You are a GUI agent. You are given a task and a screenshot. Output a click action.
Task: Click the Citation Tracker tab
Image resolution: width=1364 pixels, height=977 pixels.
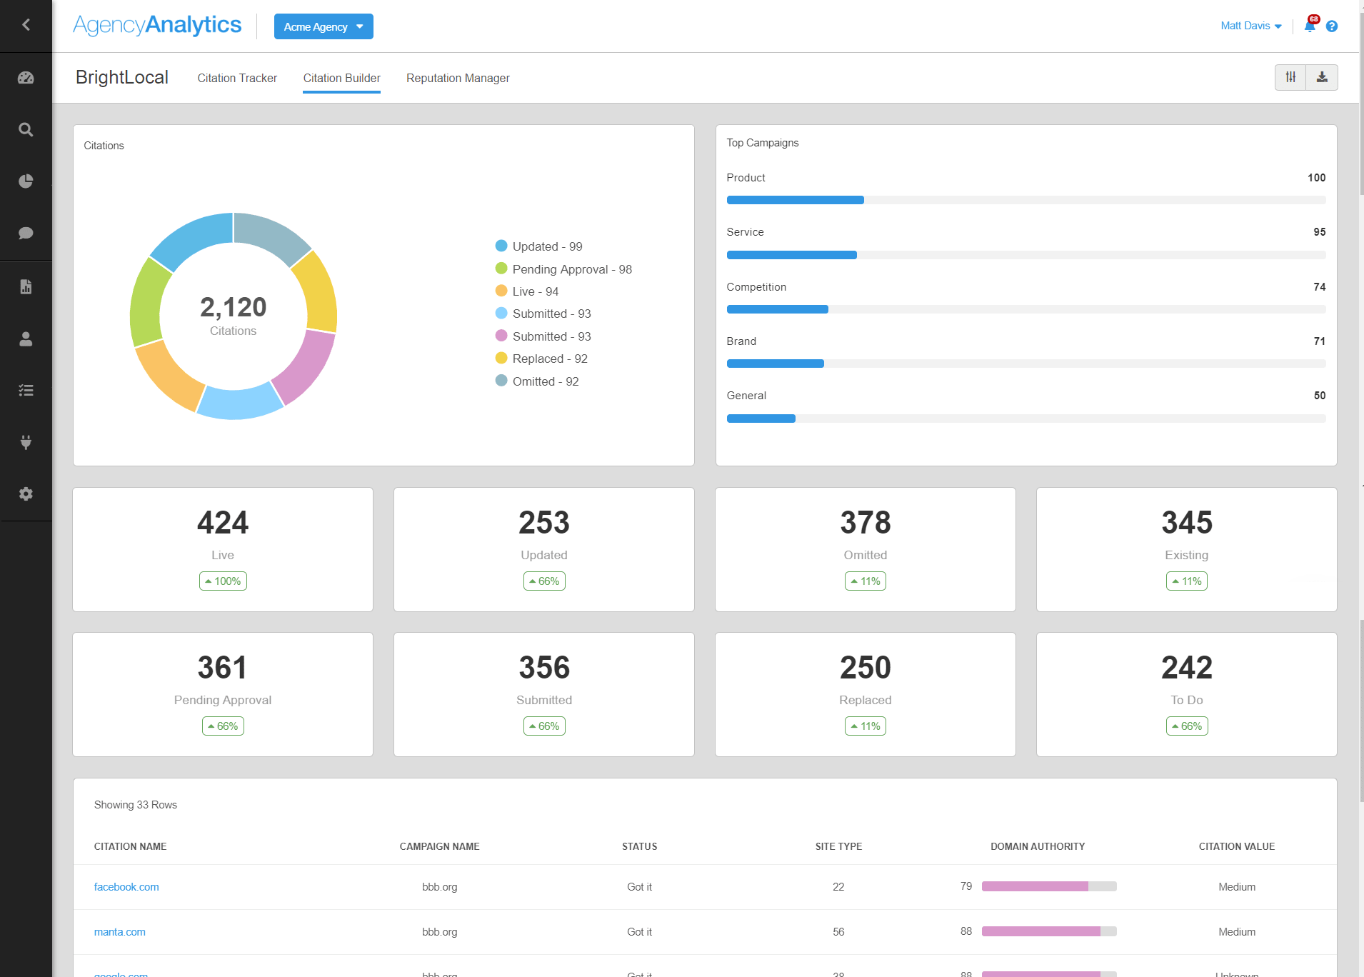click(x=237, y=78)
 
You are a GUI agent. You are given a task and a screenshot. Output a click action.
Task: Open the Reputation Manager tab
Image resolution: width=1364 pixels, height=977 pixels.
click(x=458, y=78)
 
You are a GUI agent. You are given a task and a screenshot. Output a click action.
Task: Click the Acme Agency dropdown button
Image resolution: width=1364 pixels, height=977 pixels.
click(x=324, y=26)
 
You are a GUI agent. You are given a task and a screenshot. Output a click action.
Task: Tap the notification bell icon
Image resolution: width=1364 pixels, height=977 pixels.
click(x=1309, y=26)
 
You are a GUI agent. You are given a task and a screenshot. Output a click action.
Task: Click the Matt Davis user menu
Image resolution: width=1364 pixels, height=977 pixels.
click(x=1250, y=26)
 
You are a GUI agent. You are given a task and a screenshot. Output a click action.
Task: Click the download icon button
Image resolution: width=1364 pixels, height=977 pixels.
click(x=1322, y=77)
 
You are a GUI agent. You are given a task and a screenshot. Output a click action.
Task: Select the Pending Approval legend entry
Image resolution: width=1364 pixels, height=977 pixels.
click(x=563, y=269)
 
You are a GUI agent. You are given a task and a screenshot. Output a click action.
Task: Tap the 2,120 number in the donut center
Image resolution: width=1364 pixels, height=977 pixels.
click(x=233, y=307)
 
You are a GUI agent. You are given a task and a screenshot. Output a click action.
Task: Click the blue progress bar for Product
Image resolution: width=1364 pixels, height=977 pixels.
click(x=795, y=200)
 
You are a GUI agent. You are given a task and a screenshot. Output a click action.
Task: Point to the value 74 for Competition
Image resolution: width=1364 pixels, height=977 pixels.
click(x=1319, y=286)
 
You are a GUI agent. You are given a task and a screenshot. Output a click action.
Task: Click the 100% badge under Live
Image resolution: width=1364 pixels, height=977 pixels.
click(x=223, y=581)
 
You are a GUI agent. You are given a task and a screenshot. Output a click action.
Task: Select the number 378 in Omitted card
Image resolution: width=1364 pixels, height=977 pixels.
click(x=865, y=523)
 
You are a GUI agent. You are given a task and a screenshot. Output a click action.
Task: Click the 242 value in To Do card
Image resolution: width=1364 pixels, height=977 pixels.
click(x=1186, y=668)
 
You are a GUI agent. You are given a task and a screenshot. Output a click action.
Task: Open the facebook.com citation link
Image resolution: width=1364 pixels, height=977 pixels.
click(x=126, y=887)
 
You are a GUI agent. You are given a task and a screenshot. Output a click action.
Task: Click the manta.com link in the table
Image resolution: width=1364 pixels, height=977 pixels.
click(x=119, y=932)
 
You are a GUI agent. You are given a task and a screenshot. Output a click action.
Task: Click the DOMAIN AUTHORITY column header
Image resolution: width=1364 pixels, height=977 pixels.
click(x=1037, y=846)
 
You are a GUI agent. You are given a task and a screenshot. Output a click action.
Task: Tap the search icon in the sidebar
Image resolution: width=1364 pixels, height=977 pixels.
click(x=26, y=130)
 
